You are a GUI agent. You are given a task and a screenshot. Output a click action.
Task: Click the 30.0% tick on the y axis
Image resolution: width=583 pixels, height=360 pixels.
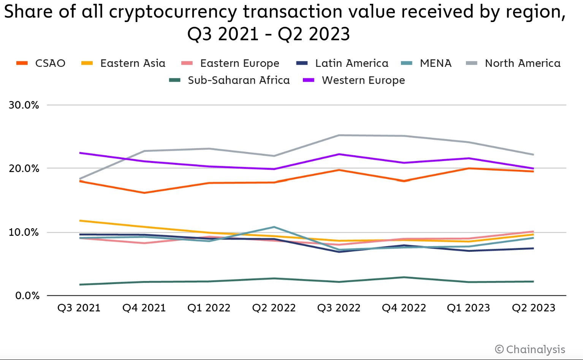(24, 105)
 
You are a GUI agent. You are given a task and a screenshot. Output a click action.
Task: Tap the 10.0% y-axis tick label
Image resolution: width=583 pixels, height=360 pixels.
(24, 232)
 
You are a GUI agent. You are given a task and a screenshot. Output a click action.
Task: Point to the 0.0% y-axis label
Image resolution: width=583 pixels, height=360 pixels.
(27, 295)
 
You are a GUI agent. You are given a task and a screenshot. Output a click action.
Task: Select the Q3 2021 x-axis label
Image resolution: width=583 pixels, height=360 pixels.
(79, 308)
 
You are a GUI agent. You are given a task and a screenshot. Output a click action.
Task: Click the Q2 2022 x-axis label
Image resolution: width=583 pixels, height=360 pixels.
(274, 308)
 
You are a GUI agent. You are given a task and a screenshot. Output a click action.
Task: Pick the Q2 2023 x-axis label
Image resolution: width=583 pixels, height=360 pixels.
(533, 308)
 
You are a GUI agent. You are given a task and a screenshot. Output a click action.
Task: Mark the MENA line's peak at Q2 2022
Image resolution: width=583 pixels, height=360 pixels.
(274, 227)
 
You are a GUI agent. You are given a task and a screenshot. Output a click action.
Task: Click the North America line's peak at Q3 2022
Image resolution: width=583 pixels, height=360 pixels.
(339, 135)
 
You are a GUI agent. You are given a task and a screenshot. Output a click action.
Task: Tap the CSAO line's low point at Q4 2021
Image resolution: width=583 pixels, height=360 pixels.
(144, 193)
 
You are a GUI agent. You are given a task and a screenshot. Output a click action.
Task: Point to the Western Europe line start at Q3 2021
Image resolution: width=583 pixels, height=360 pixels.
(79, 153)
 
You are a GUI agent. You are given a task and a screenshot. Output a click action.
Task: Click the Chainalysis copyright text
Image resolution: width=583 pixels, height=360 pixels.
(530, 349)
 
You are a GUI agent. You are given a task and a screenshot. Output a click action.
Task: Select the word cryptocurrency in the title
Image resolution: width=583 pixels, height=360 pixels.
(173, 12)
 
